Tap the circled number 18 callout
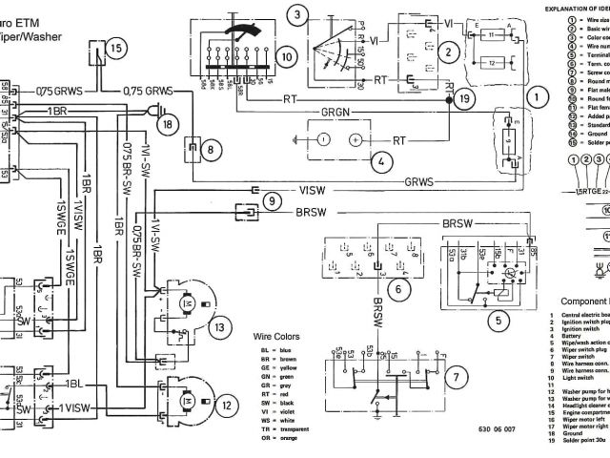[x=169, y=125]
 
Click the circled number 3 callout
[x=300, y=14]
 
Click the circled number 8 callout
[x=209, y=148]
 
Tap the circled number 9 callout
[x=271, y=201]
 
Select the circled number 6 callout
[x=403, y=283]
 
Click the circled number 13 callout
[x=221, y=328]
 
